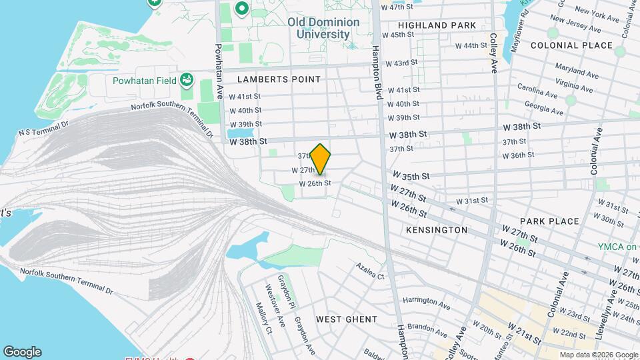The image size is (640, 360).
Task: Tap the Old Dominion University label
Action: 323,28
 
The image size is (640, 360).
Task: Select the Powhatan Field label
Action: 143,81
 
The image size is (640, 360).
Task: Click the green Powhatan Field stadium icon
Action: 187,81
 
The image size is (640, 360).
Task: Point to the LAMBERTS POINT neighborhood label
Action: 279,79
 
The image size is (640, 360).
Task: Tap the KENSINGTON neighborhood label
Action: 437,230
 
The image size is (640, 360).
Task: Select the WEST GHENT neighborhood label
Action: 346,319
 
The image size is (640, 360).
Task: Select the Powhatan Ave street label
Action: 218,72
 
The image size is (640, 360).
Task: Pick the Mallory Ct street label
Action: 264,318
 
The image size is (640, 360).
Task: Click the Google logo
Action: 22,352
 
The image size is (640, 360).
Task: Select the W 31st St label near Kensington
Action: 472,201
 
